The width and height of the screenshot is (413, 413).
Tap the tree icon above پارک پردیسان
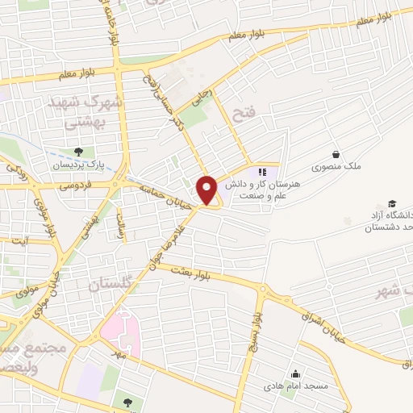click(x=77, y=152)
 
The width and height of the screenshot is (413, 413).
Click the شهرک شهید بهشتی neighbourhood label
click(x=84, y=111)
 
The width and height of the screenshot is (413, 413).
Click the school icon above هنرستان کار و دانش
click(x=261, y=171)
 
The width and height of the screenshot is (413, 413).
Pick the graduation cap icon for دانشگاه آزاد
click(x=392, y=203)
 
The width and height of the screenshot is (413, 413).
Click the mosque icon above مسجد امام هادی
click(x=296, y=373)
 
